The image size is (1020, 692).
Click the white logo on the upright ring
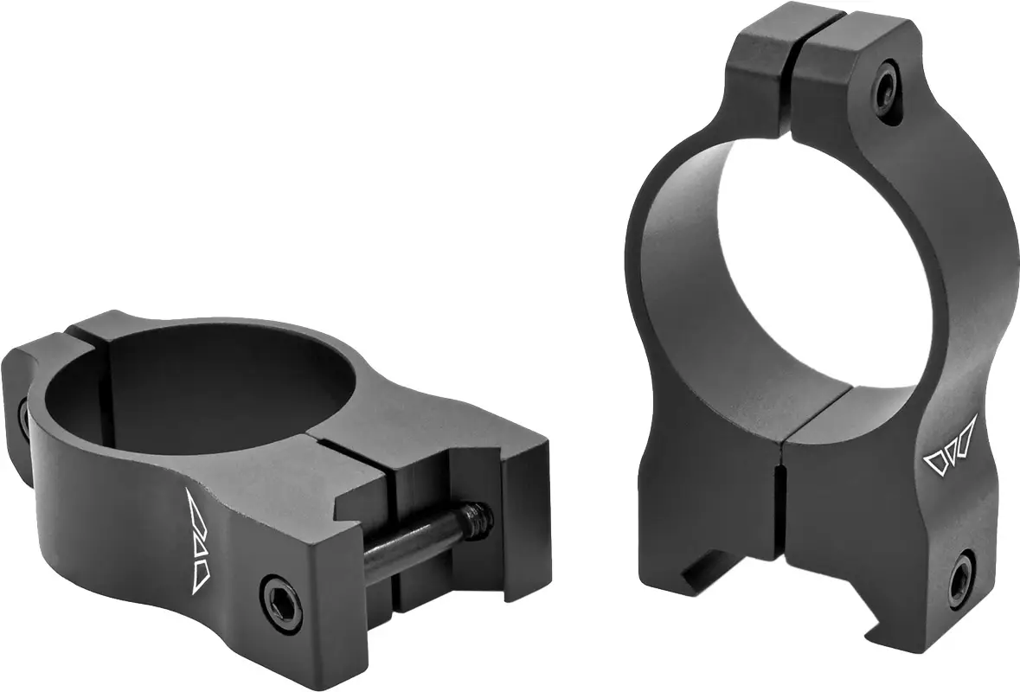949,450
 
